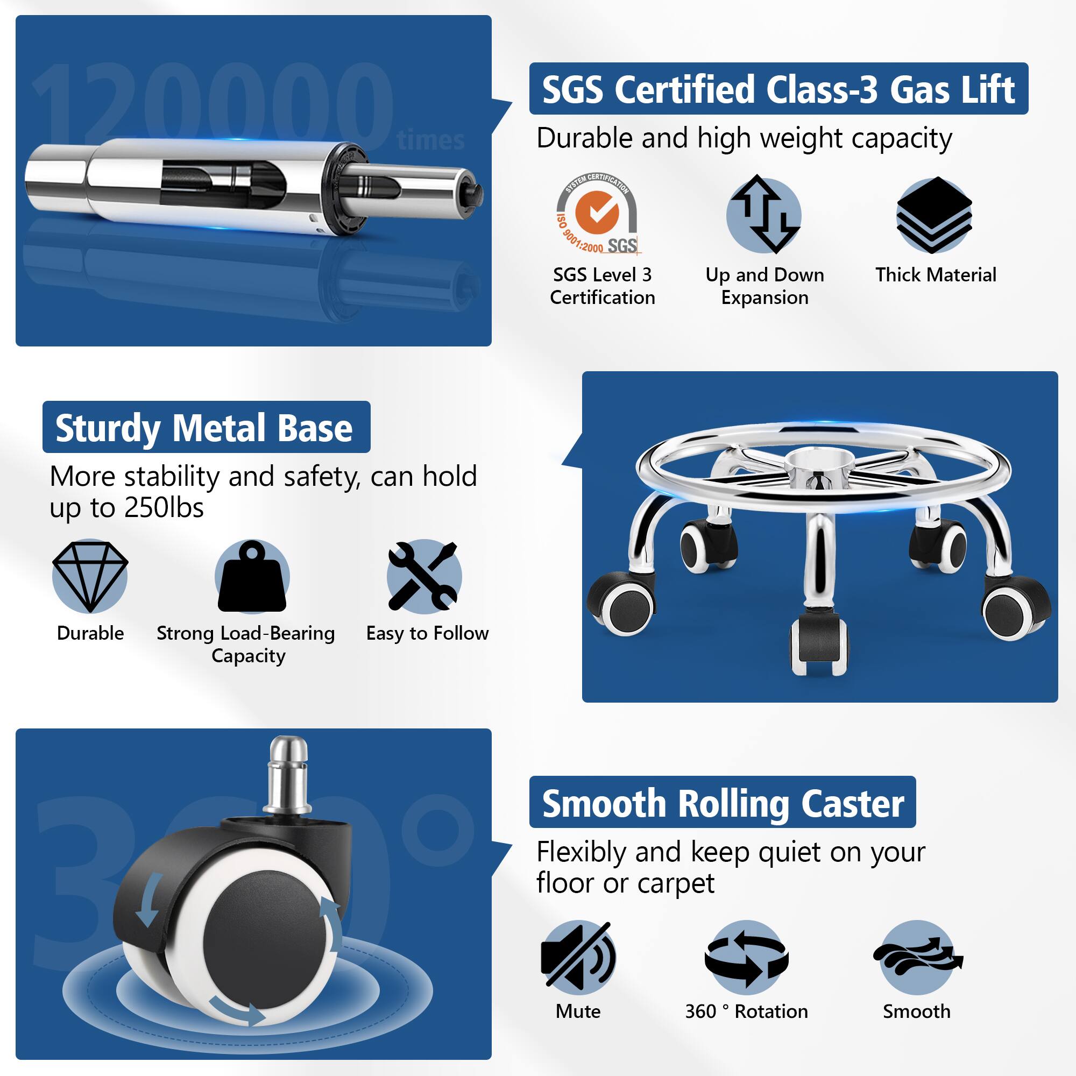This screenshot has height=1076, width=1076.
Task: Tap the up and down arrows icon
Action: coord(764,215)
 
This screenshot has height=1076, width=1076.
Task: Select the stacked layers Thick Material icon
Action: coord(934,215)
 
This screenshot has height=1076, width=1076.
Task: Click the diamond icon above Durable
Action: coord(90,576)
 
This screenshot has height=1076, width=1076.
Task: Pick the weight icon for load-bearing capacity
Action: coord(252,576)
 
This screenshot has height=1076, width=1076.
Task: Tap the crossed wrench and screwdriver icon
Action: coord(424,576)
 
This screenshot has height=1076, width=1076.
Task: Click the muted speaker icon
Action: coord(578,956)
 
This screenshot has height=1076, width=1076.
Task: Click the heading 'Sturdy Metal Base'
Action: coord(204,428)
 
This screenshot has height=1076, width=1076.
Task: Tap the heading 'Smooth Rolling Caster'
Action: coord(723,804)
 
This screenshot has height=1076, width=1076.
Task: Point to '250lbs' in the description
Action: coord(164,507)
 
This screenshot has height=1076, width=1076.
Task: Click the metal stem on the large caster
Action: coord(287,776)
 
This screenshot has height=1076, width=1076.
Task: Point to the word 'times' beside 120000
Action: coord(431,140)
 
